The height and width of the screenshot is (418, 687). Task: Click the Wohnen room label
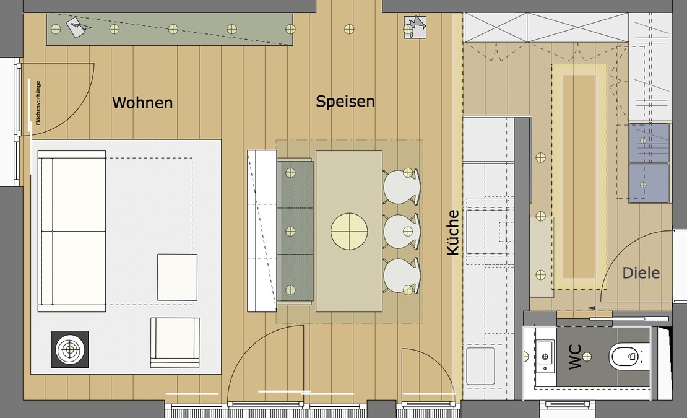(142, 102)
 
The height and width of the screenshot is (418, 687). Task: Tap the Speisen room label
(345, 101)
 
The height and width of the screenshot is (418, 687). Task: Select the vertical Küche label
(453, 232)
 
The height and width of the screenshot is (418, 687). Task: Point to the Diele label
(641, 272)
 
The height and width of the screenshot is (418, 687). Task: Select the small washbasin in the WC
(545, 356)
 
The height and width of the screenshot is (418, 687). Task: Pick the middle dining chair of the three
(402, 231)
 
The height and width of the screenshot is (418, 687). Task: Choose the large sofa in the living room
(72, 232)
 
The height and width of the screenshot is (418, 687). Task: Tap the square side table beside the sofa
(177, 277)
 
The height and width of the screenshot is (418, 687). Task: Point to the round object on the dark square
(69, 349)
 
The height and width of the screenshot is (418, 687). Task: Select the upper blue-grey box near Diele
(649, 142)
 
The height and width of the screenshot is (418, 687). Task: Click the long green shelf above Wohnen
(170, 29)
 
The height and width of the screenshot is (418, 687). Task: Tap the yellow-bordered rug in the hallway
(579, 176)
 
